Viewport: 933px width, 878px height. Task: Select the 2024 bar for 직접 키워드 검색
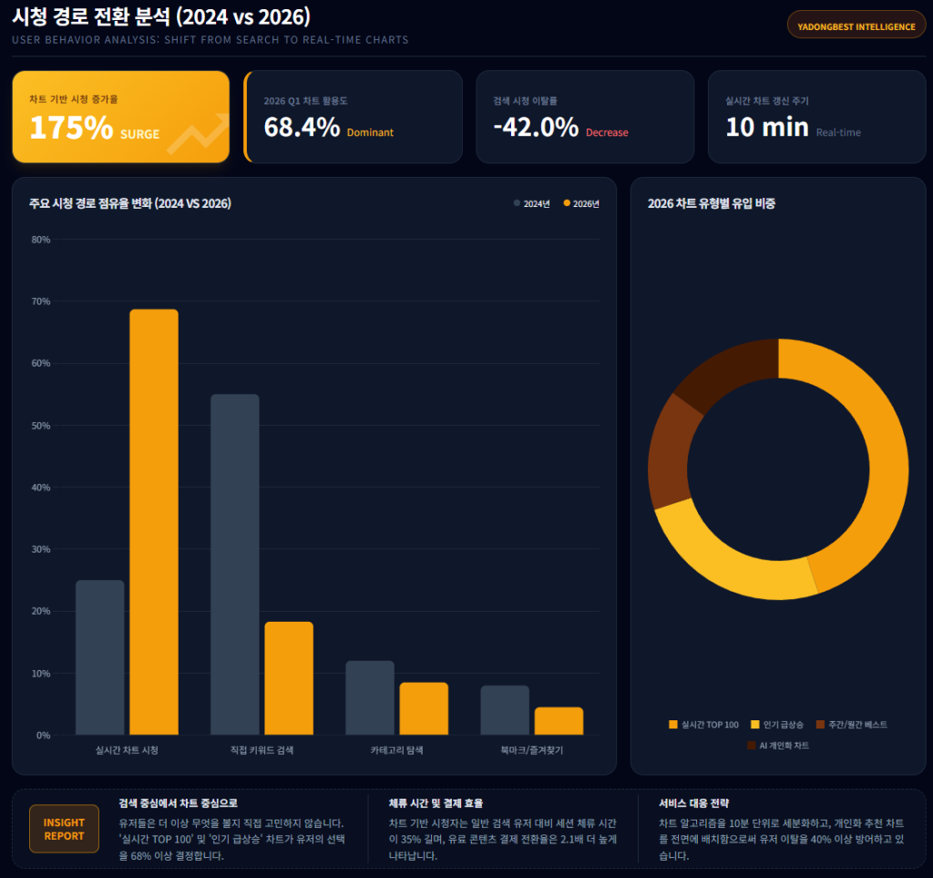pyautogui.click(x=234, y=564)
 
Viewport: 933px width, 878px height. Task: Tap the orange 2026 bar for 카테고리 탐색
pyautogui.click(x=424, y=708)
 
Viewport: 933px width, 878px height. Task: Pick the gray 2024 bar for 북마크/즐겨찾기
pyautogui.click(x=505, y=710)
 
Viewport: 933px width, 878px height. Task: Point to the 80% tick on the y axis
pyautogui.click(x=41, y=240)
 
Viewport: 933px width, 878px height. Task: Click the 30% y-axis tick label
pyautogui.click(x=41, y=550)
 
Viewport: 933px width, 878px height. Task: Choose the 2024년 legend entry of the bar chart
pyautogui.click(x=532, y=203)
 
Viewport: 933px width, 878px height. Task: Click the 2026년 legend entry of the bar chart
pyautogui.click(x=581, y=203)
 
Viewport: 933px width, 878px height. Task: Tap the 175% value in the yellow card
pyautogui.click(x=71, y=129)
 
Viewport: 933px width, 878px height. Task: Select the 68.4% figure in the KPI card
pyautogui.click(x=302, y=128)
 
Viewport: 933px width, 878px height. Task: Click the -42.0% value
pyautogui.click(x=536, y=128)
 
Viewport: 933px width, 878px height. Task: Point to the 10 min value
pyautogui.click(x=767, y=128)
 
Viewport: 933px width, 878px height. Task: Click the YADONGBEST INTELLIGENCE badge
pyautogui.click(x=856, y=26)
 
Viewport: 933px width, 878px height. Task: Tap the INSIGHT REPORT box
pyautogui.click(x=64, y=829)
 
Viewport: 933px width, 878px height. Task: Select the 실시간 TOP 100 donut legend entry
pyautogui.click(x=703, y=724)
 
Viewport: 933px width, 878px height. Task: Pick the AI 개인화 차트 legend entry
pyautogui.click(x=777, y=745)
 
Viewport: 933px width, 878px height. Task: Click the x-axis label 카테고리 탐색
pyautogui.click(x=396, y=750)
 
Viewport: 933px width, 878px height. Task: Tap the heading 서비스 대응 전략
pyautogui.click(x=694, y=803)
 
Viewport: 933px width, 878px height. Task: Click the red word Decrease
pyautogui.click(x=607, y=133)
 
